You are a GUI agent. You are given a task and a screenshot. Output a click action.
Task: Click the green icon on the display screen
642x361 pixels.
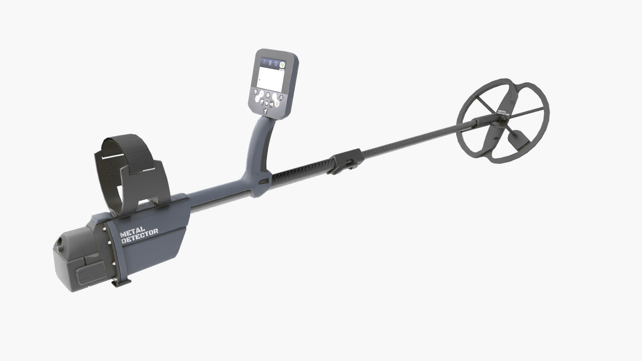282,65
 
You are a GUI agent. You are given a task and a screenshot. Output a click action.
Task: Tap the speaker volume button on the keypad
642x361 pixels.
272,104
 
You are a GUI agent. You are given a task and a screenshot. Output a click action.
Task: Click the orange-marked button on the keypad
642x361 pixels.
277,103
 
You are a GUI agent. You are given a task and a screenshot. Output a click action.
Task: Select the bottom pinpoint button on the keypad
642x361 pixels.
265,111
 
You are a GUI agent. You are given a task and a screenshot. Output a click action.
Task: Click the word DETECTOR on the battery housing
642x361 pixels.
140,238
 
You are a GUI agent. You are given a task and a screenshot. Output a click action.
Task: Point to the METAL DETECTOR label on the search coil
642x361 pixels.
503,113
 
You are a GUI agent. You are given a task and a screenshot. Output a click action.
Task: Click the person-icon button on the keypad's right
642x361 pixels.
281,98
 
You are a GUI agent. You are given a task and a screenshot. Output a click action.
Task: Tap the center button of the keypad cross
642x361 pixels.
267,103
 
